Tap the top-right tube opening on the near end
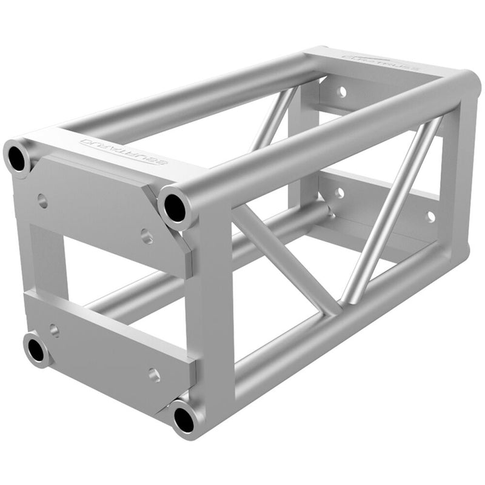[x=175, y=206]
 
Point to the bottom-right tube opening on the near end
[x=184, y=418]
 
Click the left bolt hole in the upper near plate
[x=42, y=201]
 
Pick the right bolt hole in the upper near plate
[x=146, y=236]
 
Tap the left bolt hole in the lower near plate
[x=54, y=330]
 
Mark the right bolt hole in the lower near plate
[x=154, y=374]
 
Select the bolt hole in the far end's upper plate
[x=342, y=93]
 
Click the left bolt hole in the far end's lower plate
[x=340, y=193]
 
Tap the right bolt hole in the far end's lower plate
[x=430, y=215]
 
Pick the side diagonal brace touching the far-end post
[x=388, y=212]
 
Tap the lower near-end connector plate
[x=109, y=346]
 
